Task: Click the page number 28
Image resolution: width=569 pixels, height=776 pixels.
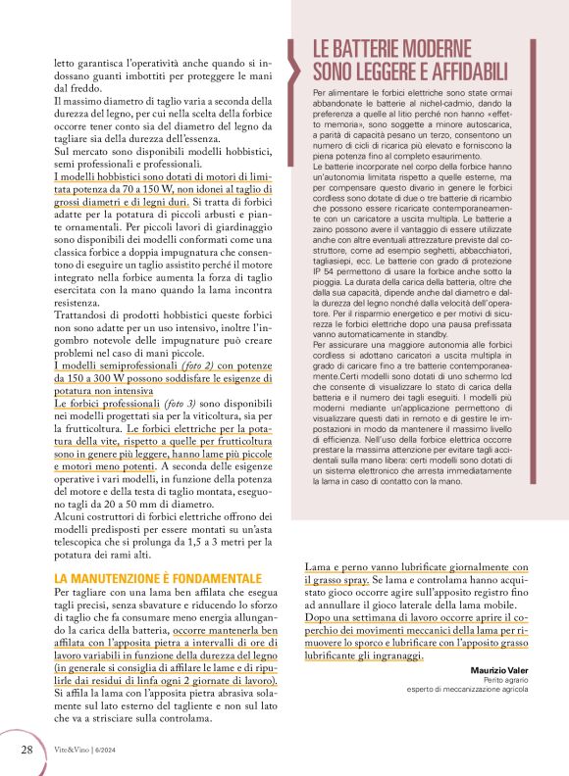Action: click(26, 750)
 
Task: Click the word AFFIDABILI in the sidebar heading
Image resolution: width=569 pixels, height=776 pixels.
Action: click(460, 71)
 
